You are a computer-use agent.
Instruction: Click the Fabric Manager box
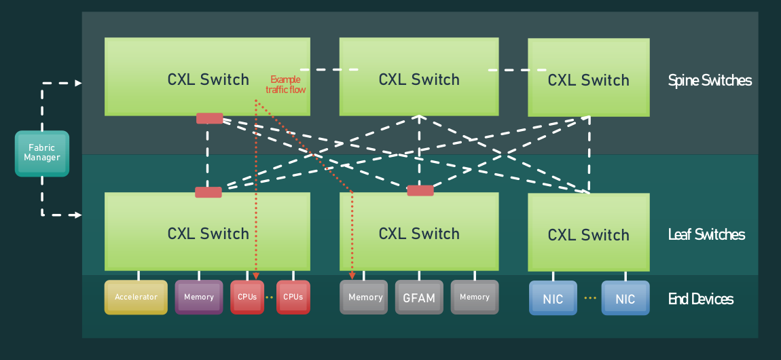pos(42,154)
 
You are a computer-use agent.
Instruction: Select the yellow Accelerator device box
pos(136,297)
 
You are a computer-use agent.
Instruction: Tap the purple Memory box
pos(199,297)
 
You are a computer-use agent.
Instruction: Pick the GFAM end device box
pos(419,298)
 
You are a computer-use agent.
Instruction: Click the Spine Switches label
pos(710,80)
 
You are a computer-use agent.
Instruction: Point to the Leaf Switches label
pos(706,234)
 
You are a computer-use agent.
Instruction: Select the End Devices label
pos(701,299)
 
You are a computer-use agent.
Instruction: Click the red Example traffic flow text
pos(285,84)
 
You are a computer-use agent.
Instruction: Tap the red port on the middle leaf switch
pos(420,191)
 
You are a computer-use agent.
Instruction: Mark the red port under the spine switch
pos(209,118)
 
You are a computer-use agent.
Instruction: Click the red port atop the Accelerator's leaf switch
pos(208,192)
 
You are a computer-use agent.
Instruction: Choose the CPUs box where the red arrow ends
pos(247,297)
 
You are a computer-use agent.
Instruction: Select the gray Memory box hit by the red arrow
pos(365,297)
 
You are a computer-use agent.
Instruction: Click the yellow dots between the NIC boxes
pos(589,298)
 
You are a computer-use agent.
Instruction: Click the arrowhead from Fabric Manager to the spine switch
pos(78,83)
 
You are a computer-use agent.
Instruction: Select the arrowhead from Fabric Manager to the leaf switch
pos(78,215)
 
